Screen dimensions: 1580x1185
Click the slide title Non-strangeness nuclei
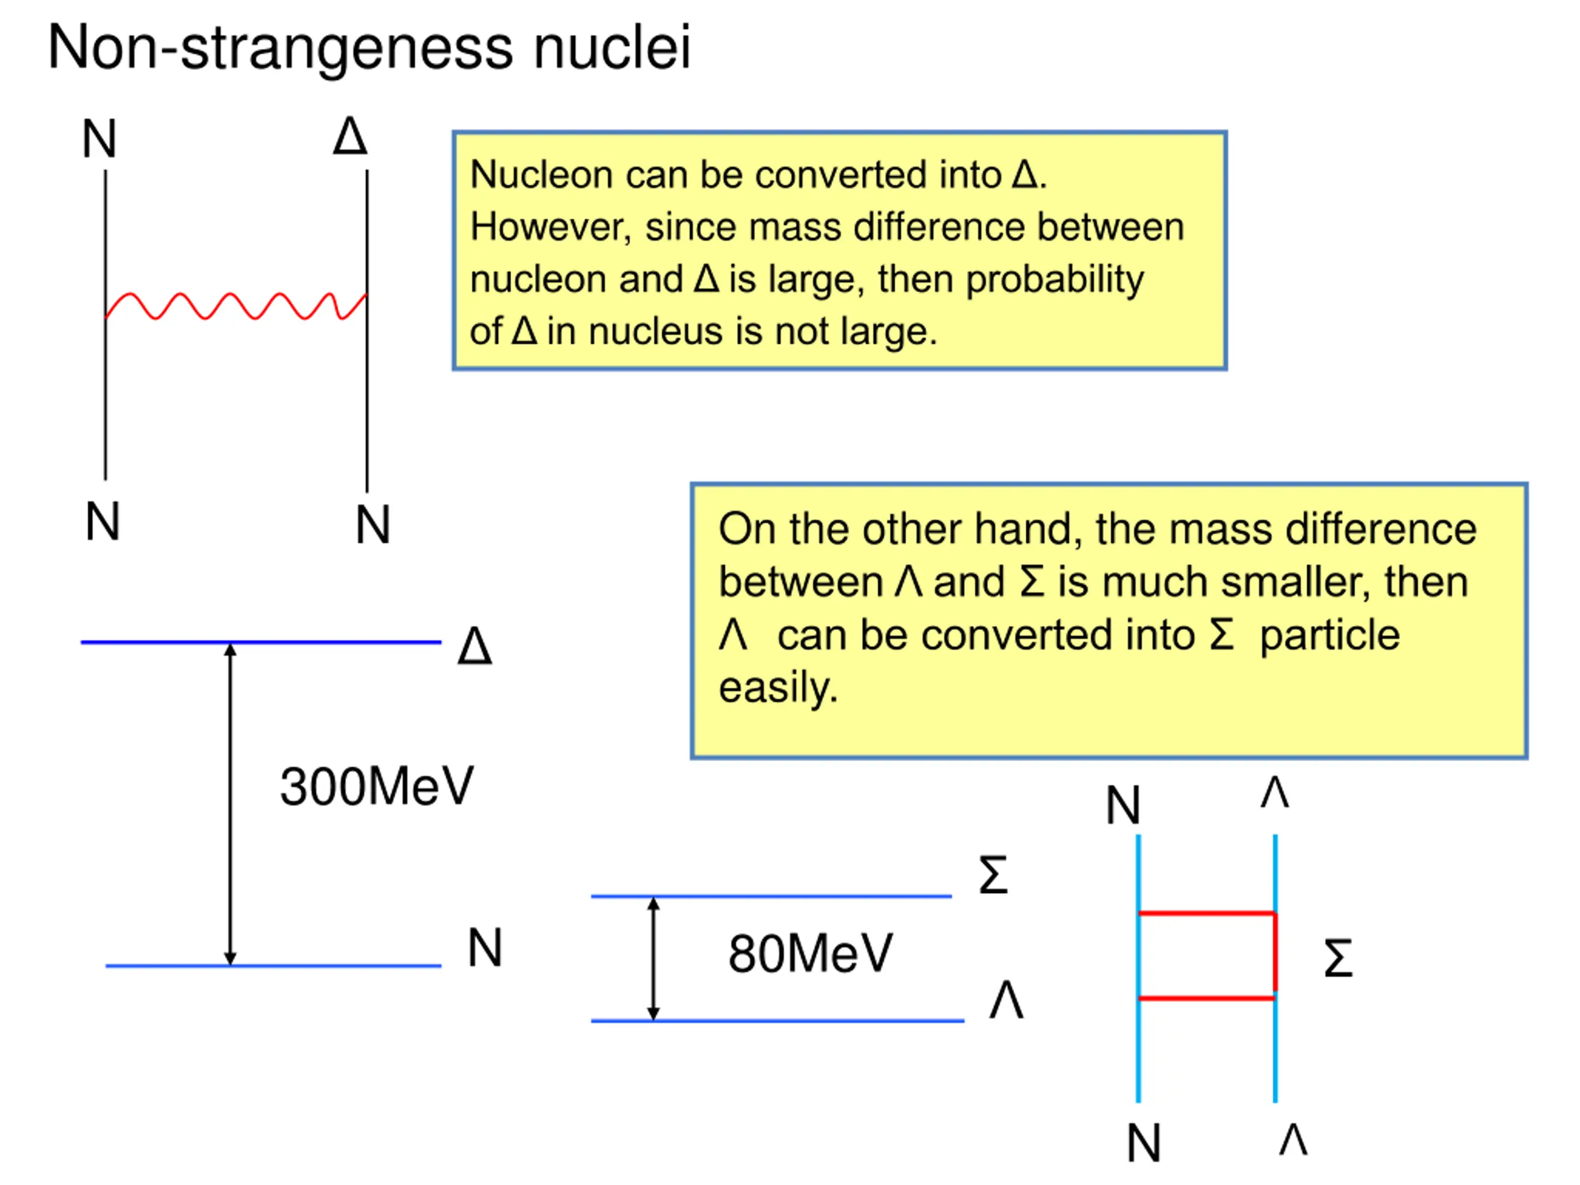click(369, 48)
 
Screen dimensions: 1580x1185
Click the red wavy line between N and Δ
click(236, 306)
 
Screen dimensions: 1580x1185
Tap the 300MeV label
click(376, 786)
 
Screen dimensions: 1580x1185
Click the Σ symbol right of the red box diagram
click(1338, 958)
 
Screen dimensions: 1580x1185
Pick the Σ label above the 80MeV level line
click(993, 875)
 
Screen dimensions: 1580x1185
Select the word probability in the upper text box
click(1055, 280)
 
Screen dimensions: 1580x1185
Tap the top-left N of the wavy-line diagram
click(99, 139)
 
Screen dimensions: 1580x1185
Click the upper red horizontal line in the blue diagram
click(1207, 913)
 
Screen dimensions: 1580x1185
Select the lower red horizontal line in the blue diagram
click(1207, 998)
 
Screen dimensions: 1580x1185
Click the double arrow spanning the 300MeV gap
click(230, 804)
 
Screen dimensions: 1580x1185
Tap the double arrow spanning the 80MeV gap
click(653, 958)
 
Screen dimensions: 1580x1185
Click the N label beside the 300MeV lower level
click(485, 948)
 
